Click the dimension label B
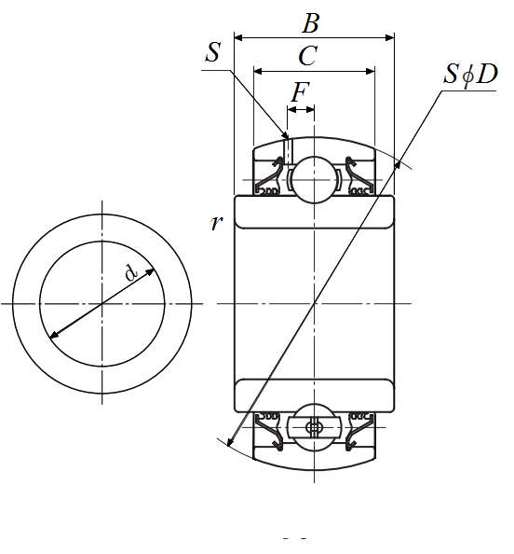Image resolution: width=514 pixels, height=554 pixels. click(311, 23)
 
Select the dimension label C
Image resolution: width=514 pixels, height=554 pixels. click(308, 56)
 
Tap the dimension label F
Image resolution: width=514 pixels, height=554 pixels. click(300, 91)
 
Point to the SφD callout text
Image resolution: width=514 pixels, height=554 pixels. click(470, 75)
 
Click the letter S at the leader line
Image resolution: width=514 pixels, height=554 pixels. click(213, 52)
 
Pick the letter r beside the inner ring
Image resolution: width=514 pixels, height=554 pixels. click(216, 223)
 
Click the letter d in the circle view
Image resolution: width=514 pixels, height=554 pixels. click(130, 272)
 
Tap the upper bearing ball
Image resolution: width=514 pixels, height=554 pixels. click(314, 180)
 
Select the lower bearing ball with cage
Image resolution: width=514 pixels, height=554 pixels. click(314, 427)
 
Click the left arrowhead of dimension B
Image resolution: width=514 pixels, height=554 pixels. click(238, 37)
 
